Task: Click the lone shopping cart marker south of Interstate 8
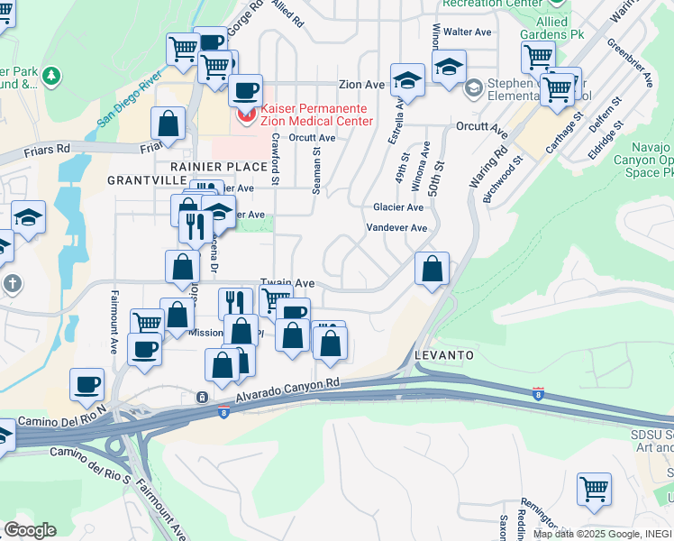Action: tap(594, 490)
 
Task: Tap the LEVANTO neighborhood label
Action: tap(444, 355)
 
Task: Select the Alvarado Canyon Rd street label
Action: tap(288, 390)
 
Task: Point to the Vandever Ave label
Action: tap(396, 228)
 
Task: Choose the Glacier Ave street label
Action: tap(398, 207)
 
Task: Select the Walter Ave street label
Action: tap(472, 32)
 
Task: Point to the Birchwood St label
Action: tap(504, 180)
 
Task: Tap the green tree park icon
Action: tap(52, 76)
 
